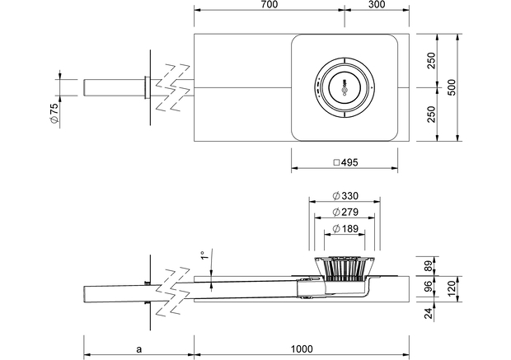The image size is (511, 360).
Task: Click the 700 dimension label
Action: [x=268, y=5]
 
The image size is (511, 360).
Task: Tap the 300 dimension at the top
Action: [x=376, y=5]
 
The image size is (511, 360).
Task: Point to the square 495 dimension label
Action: [x=345, y=163]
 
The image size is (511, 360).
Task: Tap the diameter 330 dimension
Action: [x=344, y=196]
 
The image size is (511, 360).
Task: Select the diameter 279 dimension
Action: [x=344, y=212]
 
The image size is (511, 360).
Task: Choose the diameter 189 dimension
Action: [x=344, y=227]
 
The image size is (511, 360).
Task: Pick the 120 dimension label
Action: [x=452, y=287]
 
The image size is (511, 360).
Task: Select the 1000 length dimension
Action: [x=301, y=348]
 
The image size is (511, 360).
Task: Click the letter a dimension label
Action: [x=138, y=348]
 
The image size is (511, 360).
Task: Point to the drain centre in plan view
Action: [x=345, y=87]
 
